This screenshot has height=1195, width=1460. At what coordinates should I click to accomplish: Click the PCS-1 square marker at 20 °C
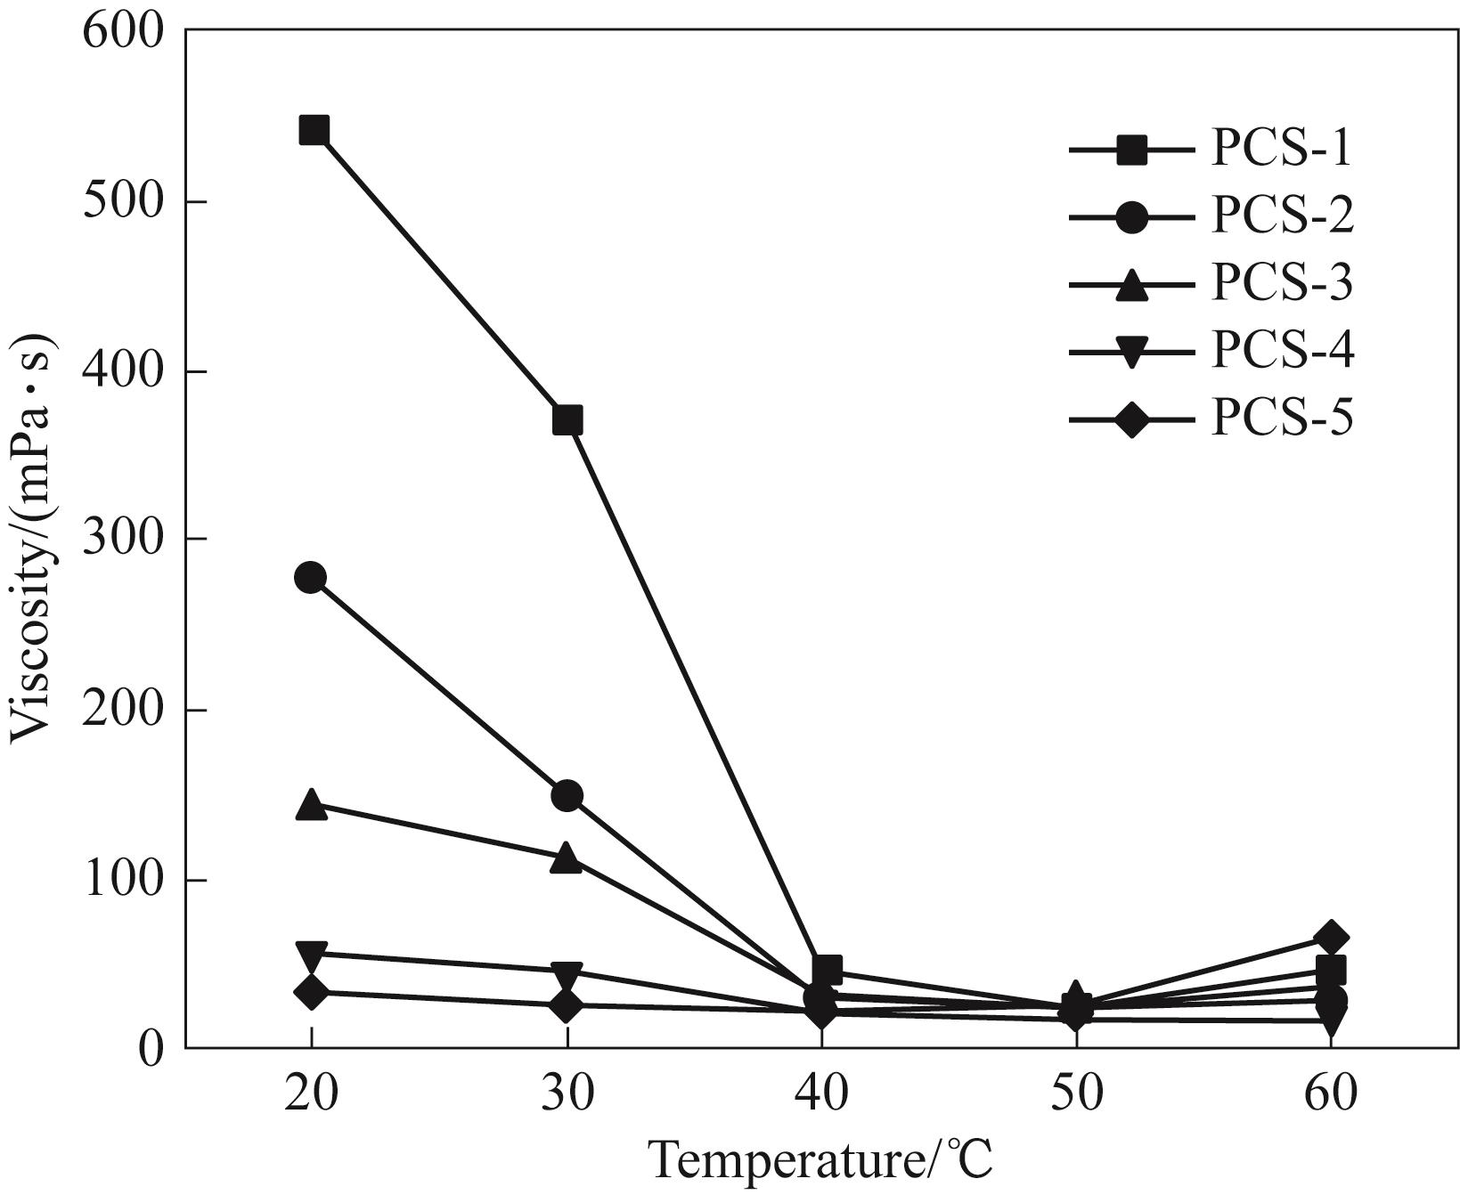click(314, 131)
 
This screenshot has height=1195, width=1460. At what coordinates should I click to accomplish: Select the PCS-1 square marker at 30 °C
click(567, 419)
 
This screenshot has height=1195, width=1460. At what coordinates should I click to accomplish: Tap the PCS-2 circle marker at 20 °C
click(310, 578)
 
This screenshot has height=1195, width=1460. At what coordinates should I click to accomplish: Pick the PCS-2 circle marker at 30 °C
click(567, 795)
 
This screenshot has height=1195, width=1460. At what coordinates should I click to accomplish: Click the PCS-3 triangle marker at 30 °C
click(567, 859)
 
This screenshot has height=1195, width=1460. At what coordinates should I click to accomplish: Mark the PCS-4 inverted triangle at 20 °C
click(311, 955)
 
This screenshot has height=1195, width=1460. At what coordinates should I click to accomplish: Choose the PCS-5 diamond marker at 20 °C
click(311, 992)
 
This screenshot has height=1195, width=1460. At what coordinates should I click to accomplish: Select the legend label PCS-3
click(1281, 283)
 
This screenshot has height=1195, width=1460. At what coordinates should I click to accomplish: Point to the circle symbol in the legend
click(1132, 217)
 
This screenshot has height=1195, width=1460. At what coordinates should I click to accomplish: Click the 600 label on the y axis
click(123, 32)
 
